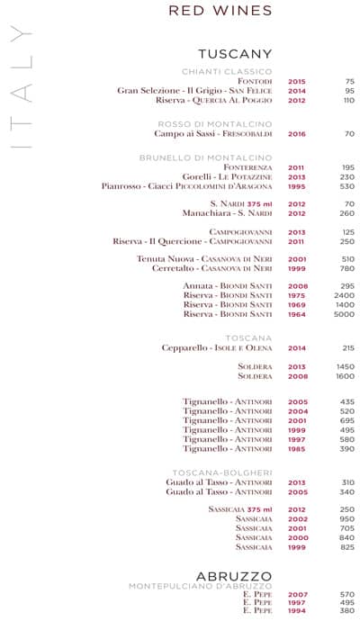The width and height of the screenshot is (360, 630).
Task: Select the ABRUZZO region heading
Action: coord(234,575)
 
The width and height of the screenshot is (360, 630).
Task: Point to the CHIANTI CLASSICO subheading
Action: coord(227,71)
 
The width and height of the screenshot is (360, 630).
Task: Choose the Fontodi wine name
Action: coord(255,81)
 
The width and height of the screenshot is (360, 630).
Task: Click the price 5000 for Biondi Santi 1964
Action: coord(344,314)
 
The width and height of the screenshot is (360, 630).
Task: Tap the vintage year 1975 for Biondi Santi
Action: coord(296,295)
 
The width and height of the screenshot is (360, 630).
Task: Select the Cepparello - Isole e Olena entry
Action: coord(217,347)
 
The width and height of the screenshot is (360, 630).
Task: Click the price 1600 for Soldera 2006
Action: coord(344,376)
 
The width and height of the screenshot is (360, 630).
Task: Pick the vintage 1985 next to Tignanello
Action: coord(297,448)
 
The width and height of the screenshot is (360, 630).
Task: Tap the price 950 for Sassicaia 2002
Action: coord(346,519)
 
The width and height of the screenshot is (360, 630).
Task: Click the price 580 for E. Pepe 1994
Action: coord(346,612)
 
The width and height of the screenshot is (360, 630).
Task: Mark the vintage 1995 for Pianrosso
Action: coord(296,186)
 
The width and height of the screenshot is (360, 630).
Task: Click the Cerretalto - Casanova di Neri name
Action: coord(211,268)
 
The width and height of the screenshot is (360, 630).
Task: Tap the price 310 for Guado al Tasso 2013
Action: coord(347,482)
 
